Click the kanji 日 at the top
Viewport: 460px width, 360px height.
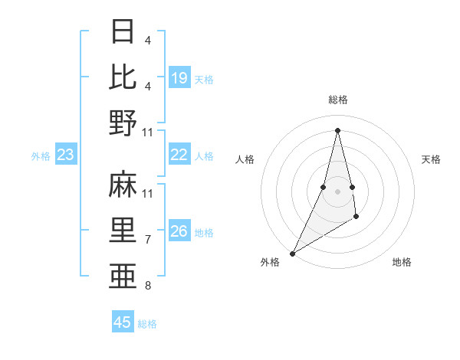click(x=123, y=31)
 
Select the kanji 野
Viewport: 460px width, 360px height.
click(x=123, y=123)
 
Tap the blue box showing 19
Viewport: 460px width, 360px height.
click(x=179, y=78)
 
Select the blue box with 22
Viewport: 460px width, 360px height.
click(x=179, y=155)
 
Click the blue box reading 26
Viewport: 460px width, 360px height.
click(x=179, y=232)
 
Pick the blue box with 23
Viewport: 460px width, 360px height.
click(x=66, y=155)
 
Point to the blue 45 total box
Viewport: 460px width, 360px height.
click(x=123, y=322)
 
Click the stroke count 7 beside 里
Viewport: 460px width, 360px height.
click(x=147, y=240)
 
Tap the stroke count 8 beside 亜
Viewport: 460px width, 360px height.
click(x=147, y=286)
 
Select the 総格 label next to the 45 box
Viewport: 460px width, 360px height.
click(x=147, y=324)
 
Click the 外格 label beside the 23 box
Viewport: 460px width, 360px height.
click(x=41, y=156)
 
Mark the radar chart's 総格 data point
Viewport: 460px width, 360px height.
click(x=337, y=130)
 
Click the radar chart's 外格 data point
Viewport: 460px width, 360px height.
click(x=292, y=253)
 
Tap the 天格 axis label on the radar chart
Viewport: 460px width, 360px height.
click(x=432, y=159)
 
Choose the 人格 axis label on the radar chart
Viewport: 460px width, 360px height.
click(x=245, y=159)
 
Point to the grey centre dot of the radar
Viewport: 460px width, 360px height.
click(x=337, y=191)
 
